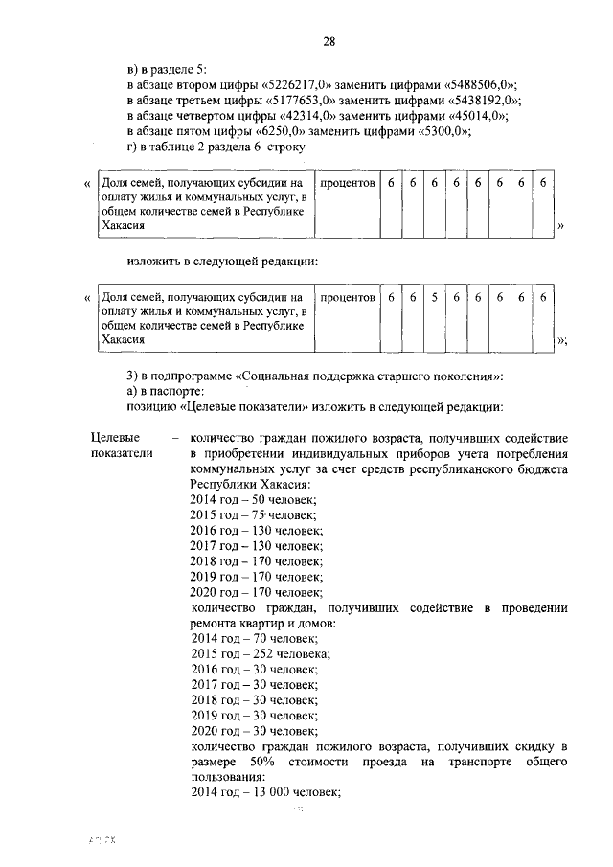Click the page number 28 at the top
[x=329, y=40]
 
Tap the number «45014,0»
[x=474, y=116]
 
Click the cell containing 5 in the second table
[x=434, y=298]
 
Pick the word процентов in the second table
[x=347, y=298]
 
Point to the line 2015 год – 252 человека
[x=261, y=653]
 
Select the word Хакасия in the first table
[x=124, y=225]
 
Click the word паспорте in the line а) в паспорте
[x=177, y=392]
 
